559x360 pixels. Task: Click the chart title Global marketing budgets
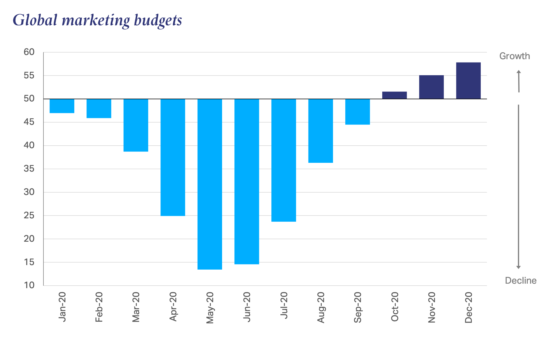click(x=97, y=20)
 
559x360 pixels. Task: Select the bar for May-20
click(x=210, y=184)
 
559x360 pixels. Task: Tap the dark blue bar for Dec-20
click(x=468, y=81)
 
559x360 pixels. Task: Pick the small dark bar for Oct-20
click(x=394, y=95)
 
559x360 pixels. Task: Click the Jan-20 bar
click(x=62, y=106)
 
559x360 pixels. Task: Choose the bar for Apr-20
click(x=173, y=157)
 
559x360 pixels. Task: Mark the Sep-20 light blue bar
click(x=357, y=112)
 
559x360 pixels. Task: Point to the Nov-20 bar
click(x=431, y=87)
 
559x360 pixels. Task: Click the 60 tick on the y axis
click(x=29, y=52)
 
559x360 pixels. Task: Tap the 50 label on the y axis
click(x=29, y=99)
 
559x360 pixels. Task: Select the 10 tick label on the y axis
click(x=29, y=285)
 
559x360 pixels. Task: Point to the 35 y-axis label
click(x=29, y=169)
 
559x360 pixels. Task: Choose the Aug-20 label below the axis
click(x=321, y=307)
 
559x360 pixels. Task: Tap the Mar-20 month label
click(x=136, y=307)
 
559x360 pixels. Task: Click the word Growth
click(x=515, y=56)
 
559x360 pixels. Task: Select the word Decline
click(x=520, y=281)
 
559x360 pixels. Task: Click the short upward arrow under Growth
click(x=519, y=81)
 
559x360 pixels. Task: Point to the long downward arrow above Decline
click(x=518, y=186)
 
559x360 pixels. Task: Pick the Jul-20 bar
click(x=283, y=160)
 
